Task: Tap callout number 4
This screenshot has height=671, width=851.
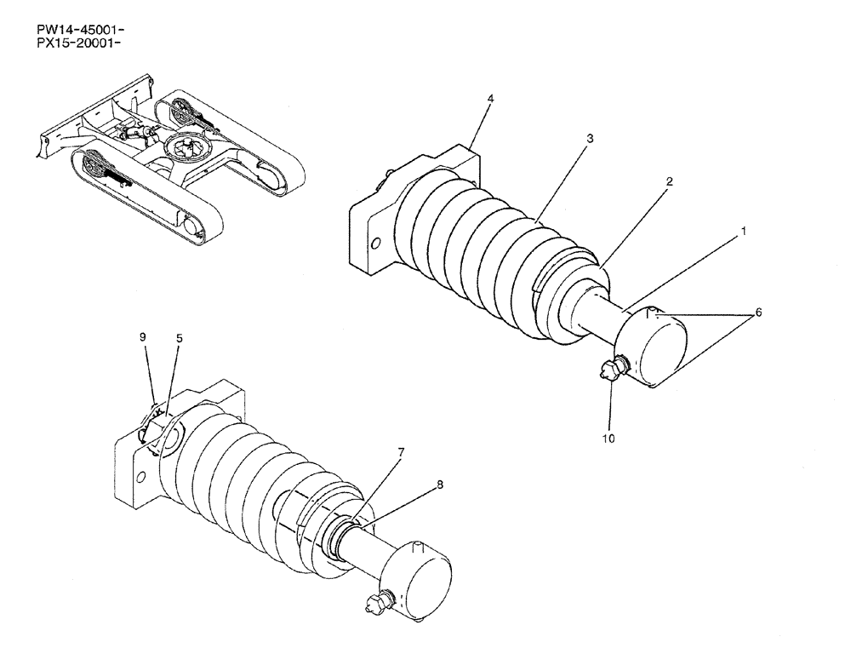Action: pos(490,99)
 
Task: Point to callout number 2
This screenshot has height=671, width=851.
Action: pos(670,181)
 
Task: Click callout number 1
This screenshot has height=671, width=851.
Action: pos(743,231)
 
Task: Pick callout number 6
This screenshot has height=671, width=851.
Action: pos(758,313)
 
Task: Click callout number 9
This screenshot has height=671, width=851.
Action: pos(144,337)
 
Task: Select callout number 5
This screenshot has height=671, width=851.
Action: pos(179,337)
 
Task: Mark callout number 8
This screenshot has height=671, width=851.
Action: pos(439,485)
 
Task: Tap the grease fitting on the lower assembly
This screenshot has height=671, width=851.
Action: pos(372,604)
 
